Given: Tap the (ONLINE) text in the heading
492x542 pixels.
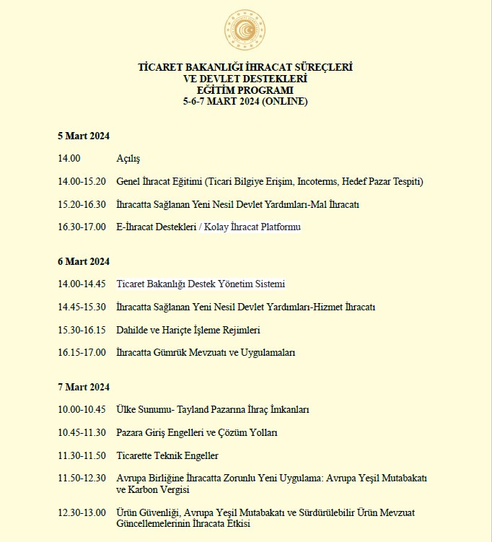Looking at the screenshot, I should click(284, 102).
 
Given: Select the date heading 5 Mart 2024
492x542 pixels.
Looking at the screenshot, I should click(84, 136).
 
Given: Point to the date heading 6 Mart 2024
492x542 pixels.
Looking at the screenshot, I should click(84, 261).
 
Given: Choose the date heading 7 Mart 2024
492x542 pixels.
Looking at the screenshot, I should click(84, 387).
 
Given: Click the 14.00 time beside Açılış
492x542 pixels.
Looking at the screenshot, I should click(69, 158).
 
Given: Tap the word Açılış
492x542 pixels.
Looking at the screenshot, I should click(128, 158).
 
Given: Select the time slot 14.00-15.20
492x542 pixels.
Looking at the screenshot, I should click(82, 181).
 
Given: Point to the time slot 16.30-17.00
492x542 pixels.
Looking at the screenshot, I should click(82, 227).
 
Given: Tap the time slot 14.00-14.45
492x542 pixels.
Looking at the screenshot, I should click(82, 284).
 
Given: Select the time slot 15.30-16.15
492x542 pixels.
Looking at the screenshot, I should click(82, 330).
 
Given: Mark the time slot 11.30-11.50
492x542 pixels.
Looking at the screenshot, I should click(82, 455).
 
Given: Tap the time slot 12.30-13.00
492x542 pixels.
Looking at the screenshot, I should click(82, 512).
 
